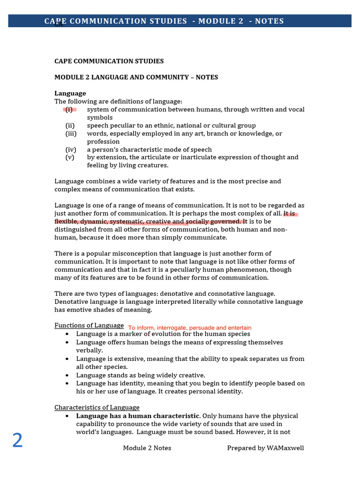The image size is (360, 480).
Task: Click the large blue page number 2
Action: [x=17, y=441]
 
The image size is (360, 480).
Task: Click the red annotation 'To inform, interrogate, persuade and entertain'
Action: [x=190, y=328]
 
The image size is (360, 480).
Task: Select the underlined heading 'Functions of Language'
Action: [x=89, y=325]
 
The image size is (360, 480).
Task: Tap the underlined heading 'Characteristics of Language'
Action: [x=97, y=407]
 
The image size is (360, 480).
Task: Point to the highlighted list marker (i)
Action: [x=69, y=109]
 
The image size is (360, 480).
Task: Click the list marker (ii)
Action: [x=70, y=125]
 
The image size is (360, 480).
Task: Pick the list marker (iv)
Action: [x=70, y=150]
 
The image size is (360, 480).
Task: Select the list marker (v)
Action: [x=70, y=157]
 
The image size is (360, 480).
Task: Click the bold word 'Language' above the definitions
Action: [x=70, y=93]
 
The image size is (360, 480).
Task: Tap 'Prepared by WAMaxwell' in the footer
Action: [x=265, y=448]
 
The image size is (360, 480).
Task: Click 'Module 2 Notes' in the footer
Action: [x=147, y=448]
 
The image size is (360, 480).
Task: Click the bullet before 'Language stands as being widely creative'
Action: [x=67, y=375]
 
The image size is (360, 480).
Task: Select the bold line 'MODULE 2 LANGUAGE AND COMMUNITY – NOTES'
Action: [x=136, y=77]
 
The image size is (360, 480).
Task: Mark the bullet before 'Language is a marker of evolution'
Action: [x=67, y=334]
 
